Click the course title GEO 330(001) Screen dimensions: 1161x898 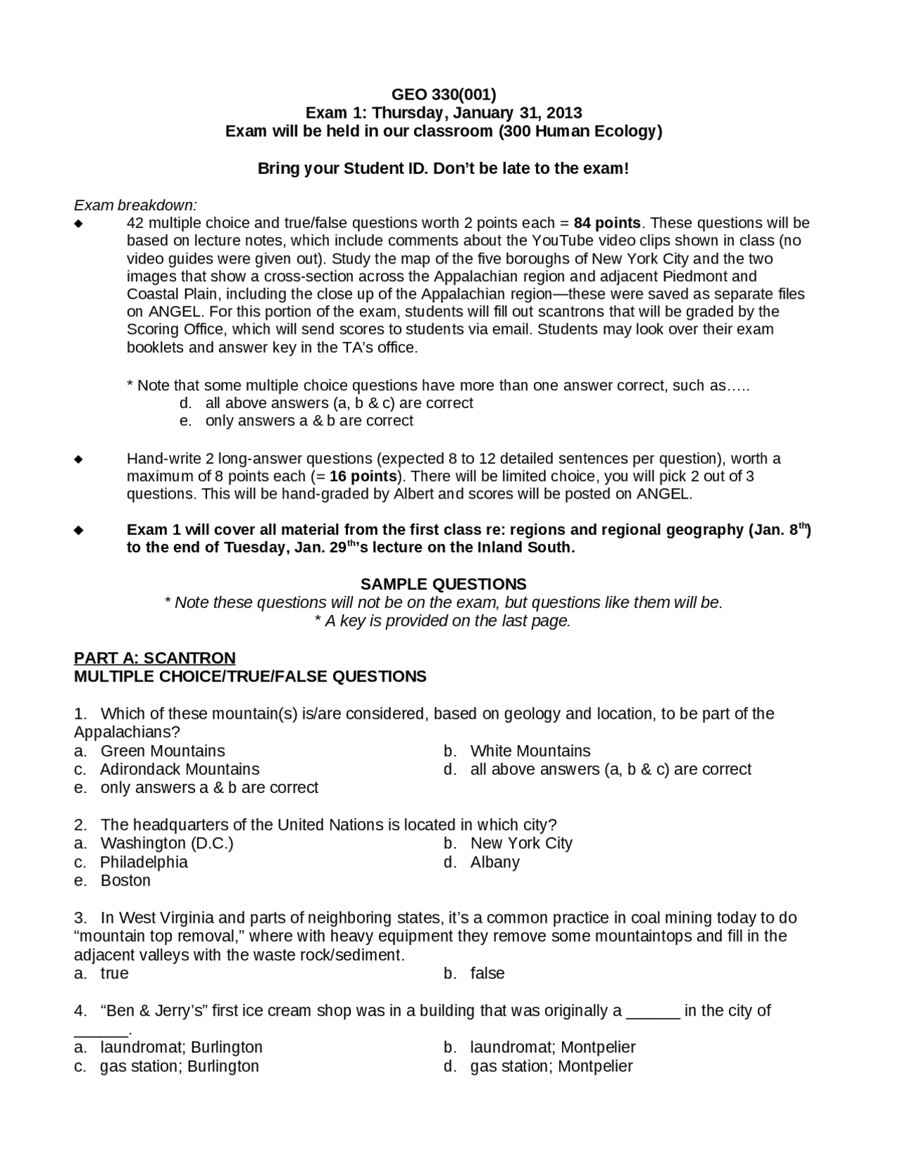443,95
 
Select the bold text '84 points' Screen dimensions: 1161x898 607,223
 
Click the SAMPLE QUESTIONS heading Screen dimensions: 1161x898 443,584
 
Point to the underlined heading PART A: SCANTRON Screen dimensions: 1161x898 154,658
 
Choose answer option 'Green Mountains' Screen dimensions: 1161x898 163,751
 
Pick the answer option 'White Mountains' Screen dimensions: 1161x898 530,751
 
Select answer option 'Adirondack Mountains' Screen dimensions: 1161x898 180,769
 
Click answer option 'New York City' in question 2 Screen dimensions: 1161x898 521,843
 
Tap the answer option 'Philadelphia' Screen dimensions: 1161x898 144,862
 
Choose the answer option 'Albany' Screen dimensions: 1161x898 495,862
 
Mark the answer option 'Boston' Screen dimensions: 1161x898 126,880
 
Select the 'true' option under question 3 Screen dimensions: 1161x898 114,973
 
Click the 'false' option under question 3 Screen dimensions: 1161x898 488,973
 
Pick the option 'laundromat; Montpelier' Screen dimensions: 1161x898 553,1047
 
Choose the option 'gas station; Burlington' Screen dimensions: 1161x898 180,1066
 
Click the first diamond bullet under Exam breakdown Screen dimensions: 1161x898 79,224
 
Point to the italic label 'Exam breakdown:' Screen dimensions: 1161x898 135,205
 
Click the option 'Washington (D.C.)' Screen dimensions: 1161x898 167,843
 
